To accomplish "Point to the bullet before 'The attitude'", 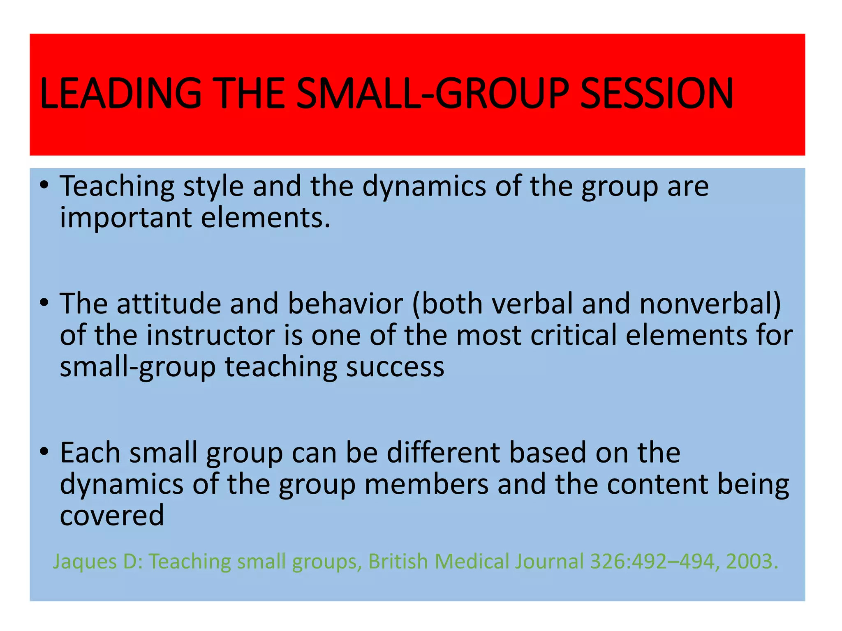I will [44, 303].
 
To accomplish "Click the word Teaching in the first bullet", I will [117, 187].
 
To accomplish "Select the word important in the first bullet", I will [125, 218].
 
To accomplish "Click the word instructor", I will [211, 335].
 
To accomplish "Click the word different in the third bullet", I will [444, 453].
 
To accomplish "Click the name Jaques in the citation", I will [85, 562].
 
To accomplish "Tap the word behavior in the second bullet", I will [345, 304].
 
